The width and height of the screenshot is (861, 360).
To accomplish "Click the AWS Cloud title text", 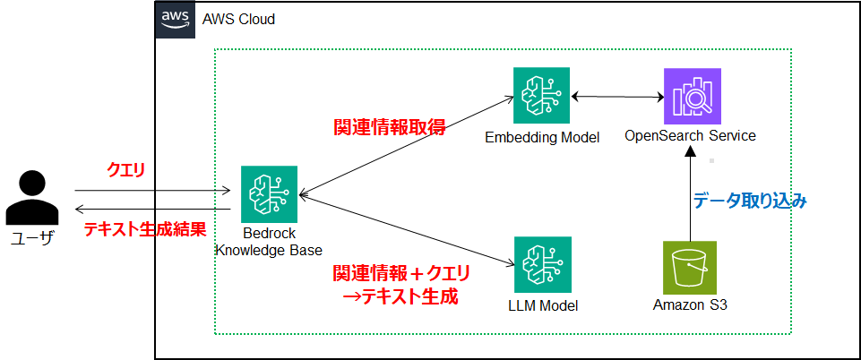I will (x=238, y=19).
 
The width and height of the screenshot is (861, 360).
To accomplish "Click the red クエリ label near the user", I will (x=125, y=170).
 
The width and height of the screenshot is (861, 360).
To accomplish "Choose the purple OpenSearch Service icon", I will (x=691, y=96).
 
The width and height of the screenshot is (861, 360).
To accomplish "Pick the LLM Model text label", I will (x=542, y=305).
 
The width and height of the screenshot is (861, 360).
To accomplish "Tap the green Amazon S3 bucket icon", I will (x=690, y=267).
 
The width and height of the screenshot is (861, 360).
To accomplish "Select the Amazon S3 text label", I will (x=690, y=305).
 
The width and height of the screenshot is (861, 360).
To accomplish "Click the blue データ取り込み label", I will (x=751, y=201).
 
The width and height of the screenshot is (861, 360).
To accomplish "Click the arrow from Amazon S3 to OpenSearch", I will (x=690, y=193).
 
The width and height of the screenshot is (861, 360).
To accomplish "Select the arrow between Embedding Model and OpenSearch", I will (x=616, y=96).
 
